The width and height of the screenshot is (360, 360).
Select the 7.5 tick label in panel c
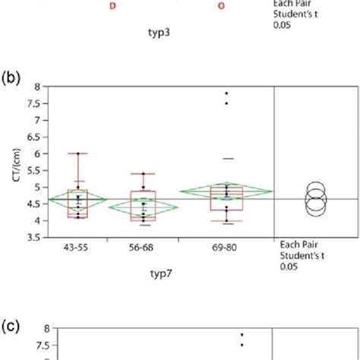[x=32, y=345]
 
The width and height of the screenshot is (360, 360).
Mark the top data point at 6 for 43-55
[x=77, y=153]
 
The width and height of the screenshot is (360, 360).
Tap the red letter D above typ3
[x=113, y=5]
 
